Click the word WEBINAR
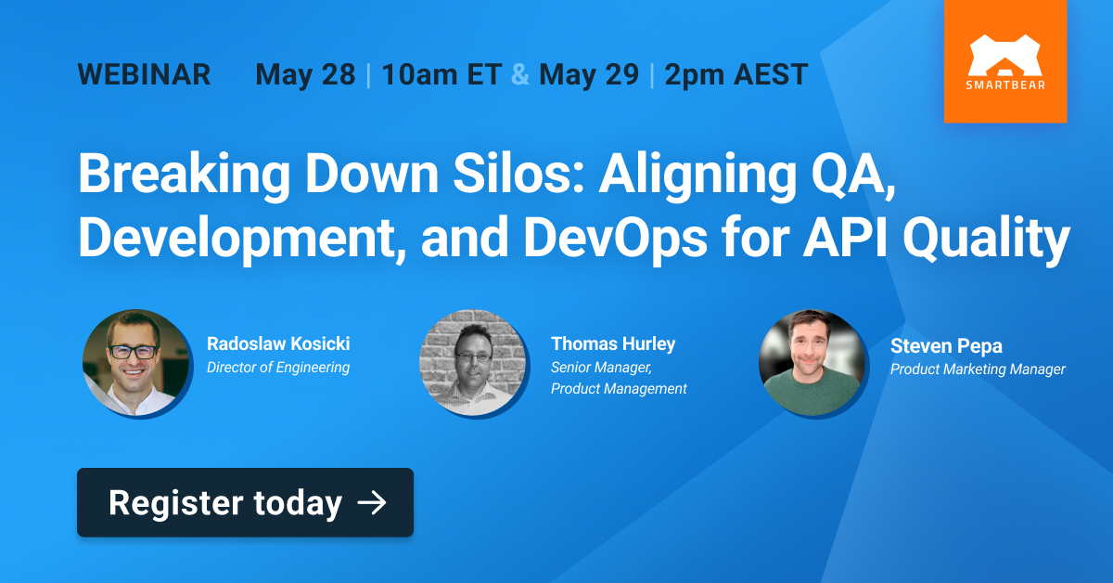click(144, 74)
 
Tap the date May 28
click(305, 75)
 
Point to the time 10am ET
click(441, 74)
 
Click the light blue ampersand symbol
click(520, 74)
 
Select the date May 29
click(589, 75)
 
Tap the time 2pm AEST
click(736, 75)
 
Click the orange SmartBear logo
click(1005, 61)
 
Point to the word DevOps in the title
click(615, 238)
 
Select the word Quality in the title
click(986, 238)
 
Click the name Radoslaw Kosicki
click(278, 343)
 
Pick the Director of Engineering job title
click(278, 368)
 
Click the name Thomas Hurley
click(613, 344)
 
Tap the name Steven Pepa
click(946, 346)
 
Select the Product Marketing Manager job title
click(978, 369)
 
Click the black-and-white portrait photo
click(472, 363)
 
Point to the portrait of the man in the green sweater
click(812, 363)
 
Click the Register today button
click(246, 502)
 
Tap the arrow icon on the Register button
click(372, 503)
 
